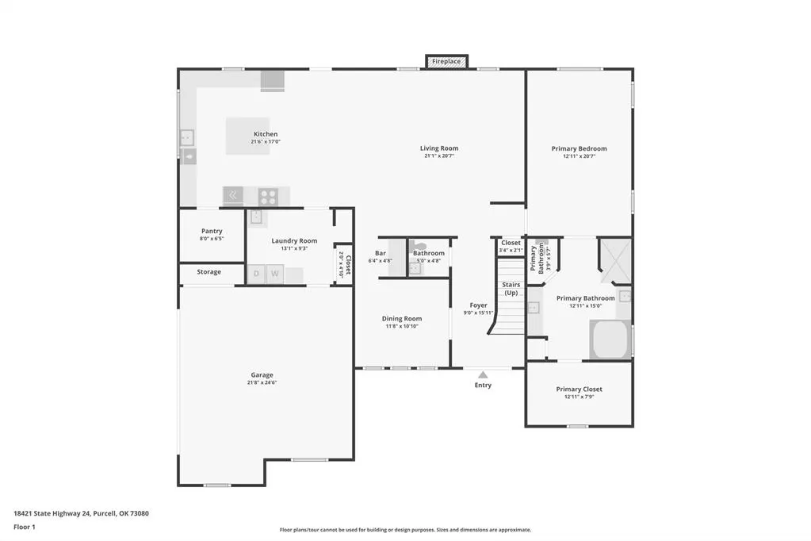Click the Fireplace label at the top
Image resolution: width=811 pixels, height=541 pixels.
[446, 62]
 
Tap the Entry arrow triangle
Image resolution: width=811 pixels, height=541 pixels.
[483, 375]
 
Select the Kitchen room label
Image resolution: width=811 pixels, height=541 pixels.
[266, 134]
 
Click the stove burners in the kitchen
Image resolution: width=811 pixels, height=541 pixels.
[268, 197]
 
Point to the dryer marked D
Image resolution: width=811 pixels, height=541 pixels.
[256, 274]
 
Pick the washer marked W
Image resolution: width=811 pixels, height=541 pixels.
[274, 274]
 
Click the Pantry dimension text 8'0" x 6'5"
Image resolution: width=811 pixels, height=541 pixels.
[212, 239]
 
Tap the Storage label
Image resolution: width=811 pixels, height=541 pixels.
[209, 272]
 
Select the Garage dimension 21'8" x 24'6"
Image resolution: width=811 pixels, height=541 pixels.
[262, 382]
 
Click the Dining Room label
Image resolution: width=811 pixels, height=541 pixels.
[402, 319]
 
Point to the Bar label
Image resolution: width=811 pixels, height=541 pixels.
[381, 253]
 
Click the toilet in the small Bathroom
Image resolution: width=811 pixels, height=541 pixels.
[419, 247]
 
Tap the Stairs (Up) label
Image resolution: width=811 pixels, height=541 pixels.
[511, 289]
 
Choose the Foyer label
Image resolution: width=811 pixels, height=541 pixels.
[478, 305]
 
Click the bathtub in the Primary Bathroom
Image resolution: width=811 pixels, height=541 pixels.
[610, 340]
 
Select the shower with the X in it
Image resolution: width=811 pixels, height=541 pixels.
[615, 260]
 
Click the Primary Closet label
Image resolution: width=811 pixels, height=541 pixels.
[580, 389]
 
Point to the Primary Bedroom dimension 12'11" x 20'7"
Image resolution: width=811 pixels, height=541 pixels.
[580, 156]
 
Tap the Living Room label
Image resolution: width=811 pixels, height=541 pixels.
[439, 148]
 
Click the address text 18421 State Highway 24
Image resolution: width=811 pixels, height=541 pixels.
[52, 513]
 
